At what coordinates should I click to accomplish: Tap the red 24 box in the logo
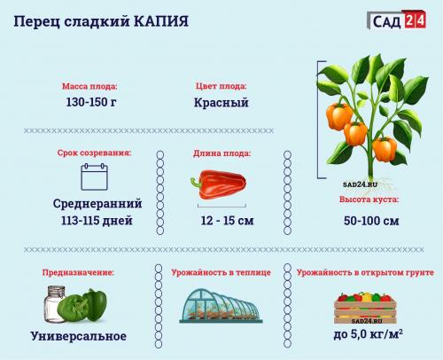click(414, 19)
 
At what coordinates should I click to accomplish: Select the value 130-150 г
click(89, 103)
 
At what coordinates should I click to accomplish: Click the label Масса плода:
click(89, 87)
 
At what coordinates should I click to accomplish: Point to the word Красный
click(221, 103)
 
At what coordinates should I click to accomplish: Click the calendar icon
click(93, 178)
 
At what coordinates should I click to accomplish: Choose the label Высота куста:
click(369, 201)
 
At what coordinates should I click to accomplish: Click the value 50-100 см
click(369, 220)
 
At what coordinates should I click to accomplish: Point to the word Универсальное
click(79, 337)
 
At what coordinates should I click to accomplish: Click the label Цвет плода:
click(221, 87)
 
